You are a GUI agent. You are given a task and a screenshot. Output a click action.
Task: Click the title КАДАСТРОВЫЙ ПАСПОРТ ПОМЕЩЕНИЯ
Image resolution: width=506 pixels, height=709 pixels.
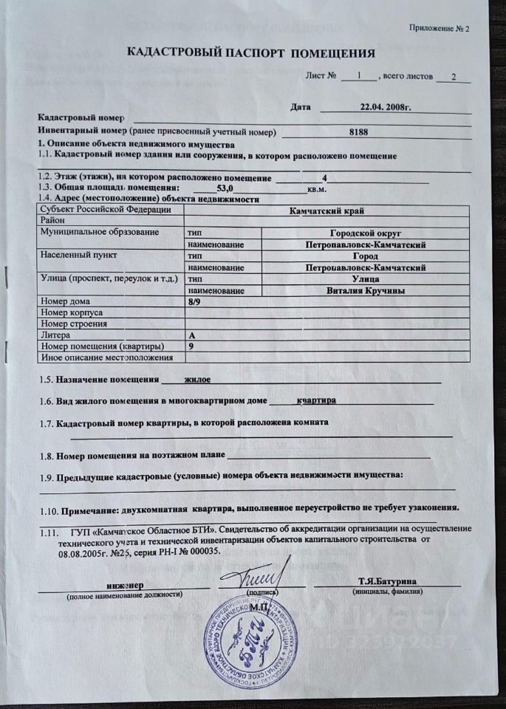(251, 53)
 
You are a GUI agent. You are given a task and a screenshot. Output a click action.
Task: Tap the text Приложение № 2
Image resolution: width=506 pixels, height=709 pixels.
(440, 28)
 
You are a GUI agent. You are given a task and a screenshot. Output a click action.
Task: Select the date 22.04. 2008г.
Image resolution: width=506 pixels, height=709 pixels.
(384, 107)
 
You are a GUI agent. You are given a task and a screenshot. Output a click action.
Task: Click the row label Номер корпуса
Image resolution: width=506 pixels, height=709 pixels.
(74, 312)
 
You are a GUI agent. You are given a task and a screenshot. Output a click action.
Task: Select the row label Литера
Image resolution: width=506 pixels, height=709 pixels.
(55, 335)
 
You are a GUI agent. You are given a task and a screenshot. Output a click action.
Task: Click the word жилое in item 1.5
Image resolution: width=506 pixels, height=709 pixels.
(197, 380)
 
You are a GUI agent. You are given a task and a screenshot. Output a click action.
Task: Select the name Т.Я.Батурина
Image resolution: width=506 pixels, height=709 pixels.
(386, 581)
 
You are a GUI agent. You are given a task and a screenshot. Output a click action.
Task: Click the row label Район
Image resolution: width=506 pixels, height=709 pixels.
(55, 221)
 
